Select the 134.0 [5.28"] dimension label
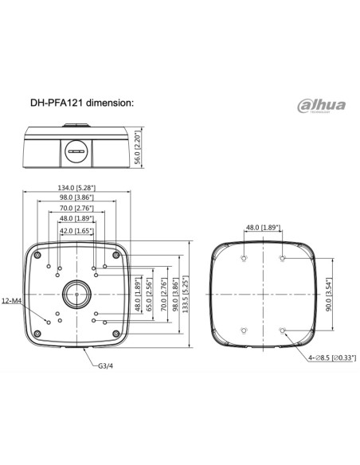(x=76, y=188)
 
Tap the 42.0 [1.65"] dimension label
(x=76, y=231)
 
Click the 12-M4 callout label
(x=13, y=301)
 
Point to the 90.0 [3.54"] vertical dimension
(x=328, y=293)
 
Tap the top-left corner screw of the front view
(x=37, y=255)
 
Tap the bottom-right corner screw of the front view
(x=116, y=332)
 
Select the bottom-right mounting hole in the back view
(x=283, y=329)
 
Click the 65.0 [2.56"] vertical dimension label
(x=147, y=295)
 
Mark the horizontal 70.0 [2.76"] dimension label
(x=76, y=209)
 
